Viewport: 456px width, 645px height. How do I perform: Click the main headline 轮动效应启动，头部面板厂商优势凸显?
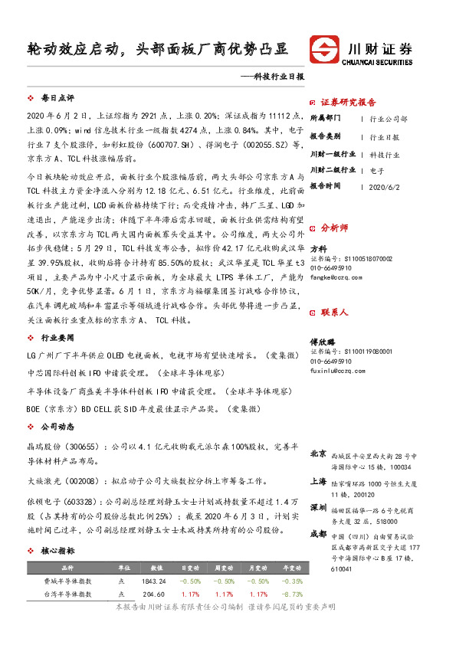156,48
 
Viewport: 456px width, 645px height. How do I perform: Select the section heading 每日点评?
57,99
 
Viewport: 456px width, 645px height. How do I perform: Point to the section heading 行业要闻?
57,337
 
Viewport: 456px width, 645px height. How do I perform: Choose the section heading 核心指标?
57,551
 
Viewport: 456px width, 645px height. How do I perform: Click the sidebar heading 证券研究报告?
348,102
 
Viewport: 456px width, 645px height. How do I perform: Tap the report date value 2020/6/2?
384,186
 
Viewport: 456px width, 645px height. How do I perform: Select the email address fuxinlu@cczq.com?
333,371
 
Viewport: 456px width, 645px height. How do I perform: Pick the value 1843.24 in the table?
153,581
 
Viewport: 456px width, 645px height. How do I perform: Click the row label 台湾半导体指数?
67,593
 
